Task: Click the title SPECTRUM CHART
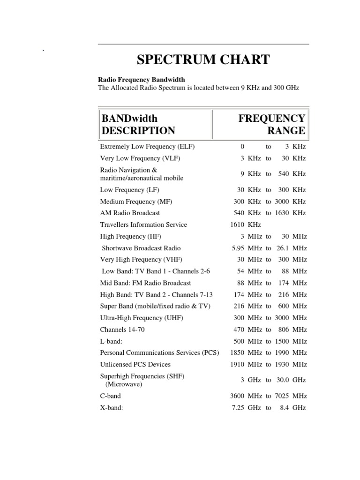(203, 60)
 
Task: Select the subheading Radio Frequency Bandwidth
(141, 80)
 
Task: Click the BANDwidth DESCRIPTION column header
(138, 124)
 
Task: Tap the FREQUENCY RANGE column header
(272, 124)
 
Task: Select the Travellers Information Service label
(143, 225)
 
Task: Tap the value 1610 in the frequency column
(238, 225)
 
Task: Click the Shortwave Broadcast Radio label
(141, 248)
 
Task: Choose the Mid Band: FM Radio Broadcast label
(145, 283)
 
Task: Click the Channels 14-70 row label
(122, 330)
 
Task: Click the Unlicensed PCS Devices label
(135, 364)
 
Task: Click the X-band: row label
(112, 408)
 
